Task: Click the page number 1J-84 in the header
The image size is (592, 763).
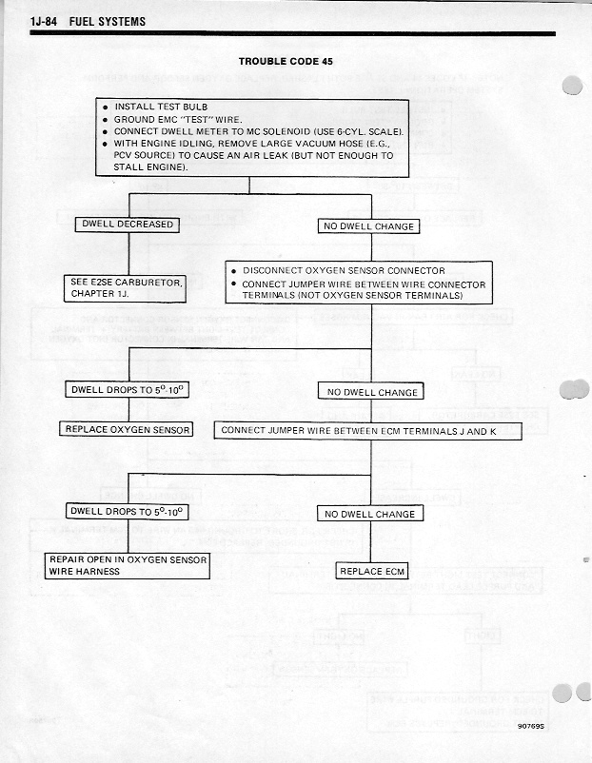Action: click(x=47, y=21)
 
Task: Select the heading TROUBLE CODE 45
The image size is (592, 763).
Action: click(x=286, y=61)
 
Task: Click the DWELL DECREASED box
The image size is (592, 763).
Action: click(x=127, y=225)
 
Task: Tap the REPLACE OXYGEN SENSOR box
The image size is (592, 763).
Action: click(x=127, y=430)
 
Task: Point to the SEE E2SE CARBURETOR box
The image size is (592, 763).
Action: click(x=125, y=288)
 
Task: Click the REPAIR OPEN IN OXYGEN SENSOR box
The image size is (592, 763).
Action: click(x=127, y=566)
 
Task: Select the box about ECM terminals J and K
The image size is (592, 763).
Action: click(x=368, y=430)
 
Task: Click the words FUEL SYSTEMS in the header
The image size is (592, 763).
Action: click(x=108, y=21)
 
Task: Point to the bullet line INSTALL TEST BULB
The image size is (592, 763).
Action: click(x=161, y=107)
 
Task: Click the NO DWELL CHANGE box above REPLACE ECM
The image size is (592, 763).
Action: click(x=369, y=514)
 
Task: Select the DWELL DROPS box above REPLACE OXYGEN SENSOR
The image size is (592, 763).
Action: click(x=127, y=390)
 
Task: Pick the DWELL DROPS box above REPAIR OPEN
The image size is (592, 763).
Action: click(x=127, y=512)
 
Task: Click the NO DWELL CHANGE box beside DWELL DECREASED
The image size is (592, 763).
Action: click(x=368, y=226)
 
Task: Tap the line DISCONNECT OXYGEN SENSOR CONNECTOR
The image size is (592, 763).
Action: click(x=344, y=270)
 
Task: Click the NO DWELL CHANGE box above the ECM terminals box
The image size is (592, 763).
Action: click(x=372, y=392)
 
